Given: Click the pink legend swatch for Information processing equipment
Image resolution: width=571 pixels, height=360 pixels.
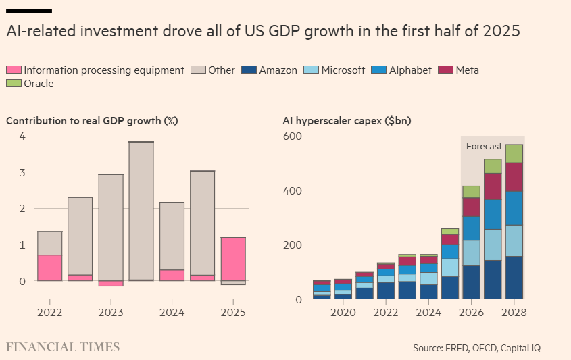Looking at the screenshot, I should click(14, 70).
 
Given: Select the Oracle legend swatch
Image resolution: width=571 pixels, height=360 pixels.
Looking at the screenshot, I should click(14, 83).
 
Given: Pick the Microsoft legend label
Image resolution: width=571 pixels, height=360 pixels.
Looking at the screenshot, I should click(343, 70).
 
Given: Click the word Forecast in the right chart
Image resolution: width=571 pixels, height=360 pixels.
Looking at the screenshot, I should click(484, 146).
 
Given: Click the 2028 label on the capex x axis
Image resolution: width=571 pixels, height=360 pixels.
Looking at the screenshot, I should click(514, 313).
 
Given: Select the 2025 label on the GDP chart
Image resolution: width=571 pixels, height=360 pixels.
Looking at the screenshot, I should click(233, 313).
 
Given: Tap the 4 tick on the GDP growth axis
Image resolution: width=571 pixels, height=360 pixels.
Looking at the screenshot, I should click(23, 136).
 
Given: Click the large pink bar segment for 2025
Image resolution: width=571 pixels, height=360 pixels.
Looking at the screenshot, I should click(233, 259).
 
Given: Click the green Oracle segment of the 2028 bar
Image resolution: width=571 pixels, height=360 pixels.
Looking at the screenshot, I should click(514, 153).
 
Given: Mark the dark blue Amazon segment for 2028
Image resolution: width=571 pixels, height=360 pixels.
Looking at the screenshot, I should click(514, 278).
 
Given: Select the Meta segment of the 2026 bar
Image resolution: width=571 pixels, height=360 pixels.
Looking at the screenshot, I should click(471, 207).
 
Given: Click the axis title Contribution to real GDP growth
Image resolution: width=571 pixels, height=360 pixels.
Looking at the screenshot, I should click(92, 121).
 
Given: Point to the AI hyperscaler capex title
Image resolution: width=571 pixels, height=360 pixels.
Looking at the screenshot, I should click(347, 121).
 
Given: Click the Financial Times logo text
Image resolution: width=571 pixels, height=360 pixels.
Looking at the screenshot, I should click(63, 347).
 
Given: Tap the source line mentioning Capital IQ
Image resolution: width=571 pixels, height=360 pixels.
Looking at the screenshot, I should click(477, 348).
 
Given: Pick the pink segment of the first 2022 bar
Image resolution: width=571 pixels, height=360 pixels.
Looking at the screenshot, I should click(49, 267).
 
